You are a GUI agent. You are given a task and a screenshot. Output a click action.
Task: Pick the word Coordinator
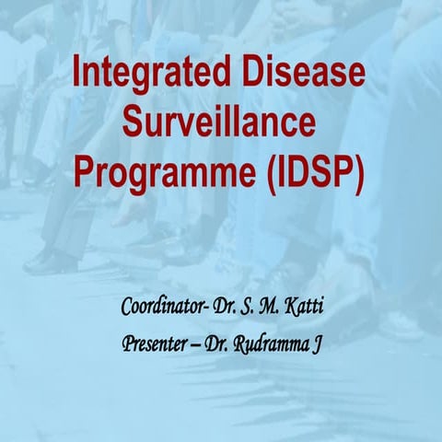click(167, 304)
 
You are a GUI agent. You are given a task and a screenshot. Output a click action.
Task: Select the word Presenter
click(159, 343)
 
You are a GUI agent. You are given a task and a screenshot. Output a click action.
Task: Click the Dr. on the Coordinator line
click(229, 304)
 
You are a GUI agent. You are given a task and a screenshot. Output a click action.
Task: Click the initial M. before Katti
click(268, 304)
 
